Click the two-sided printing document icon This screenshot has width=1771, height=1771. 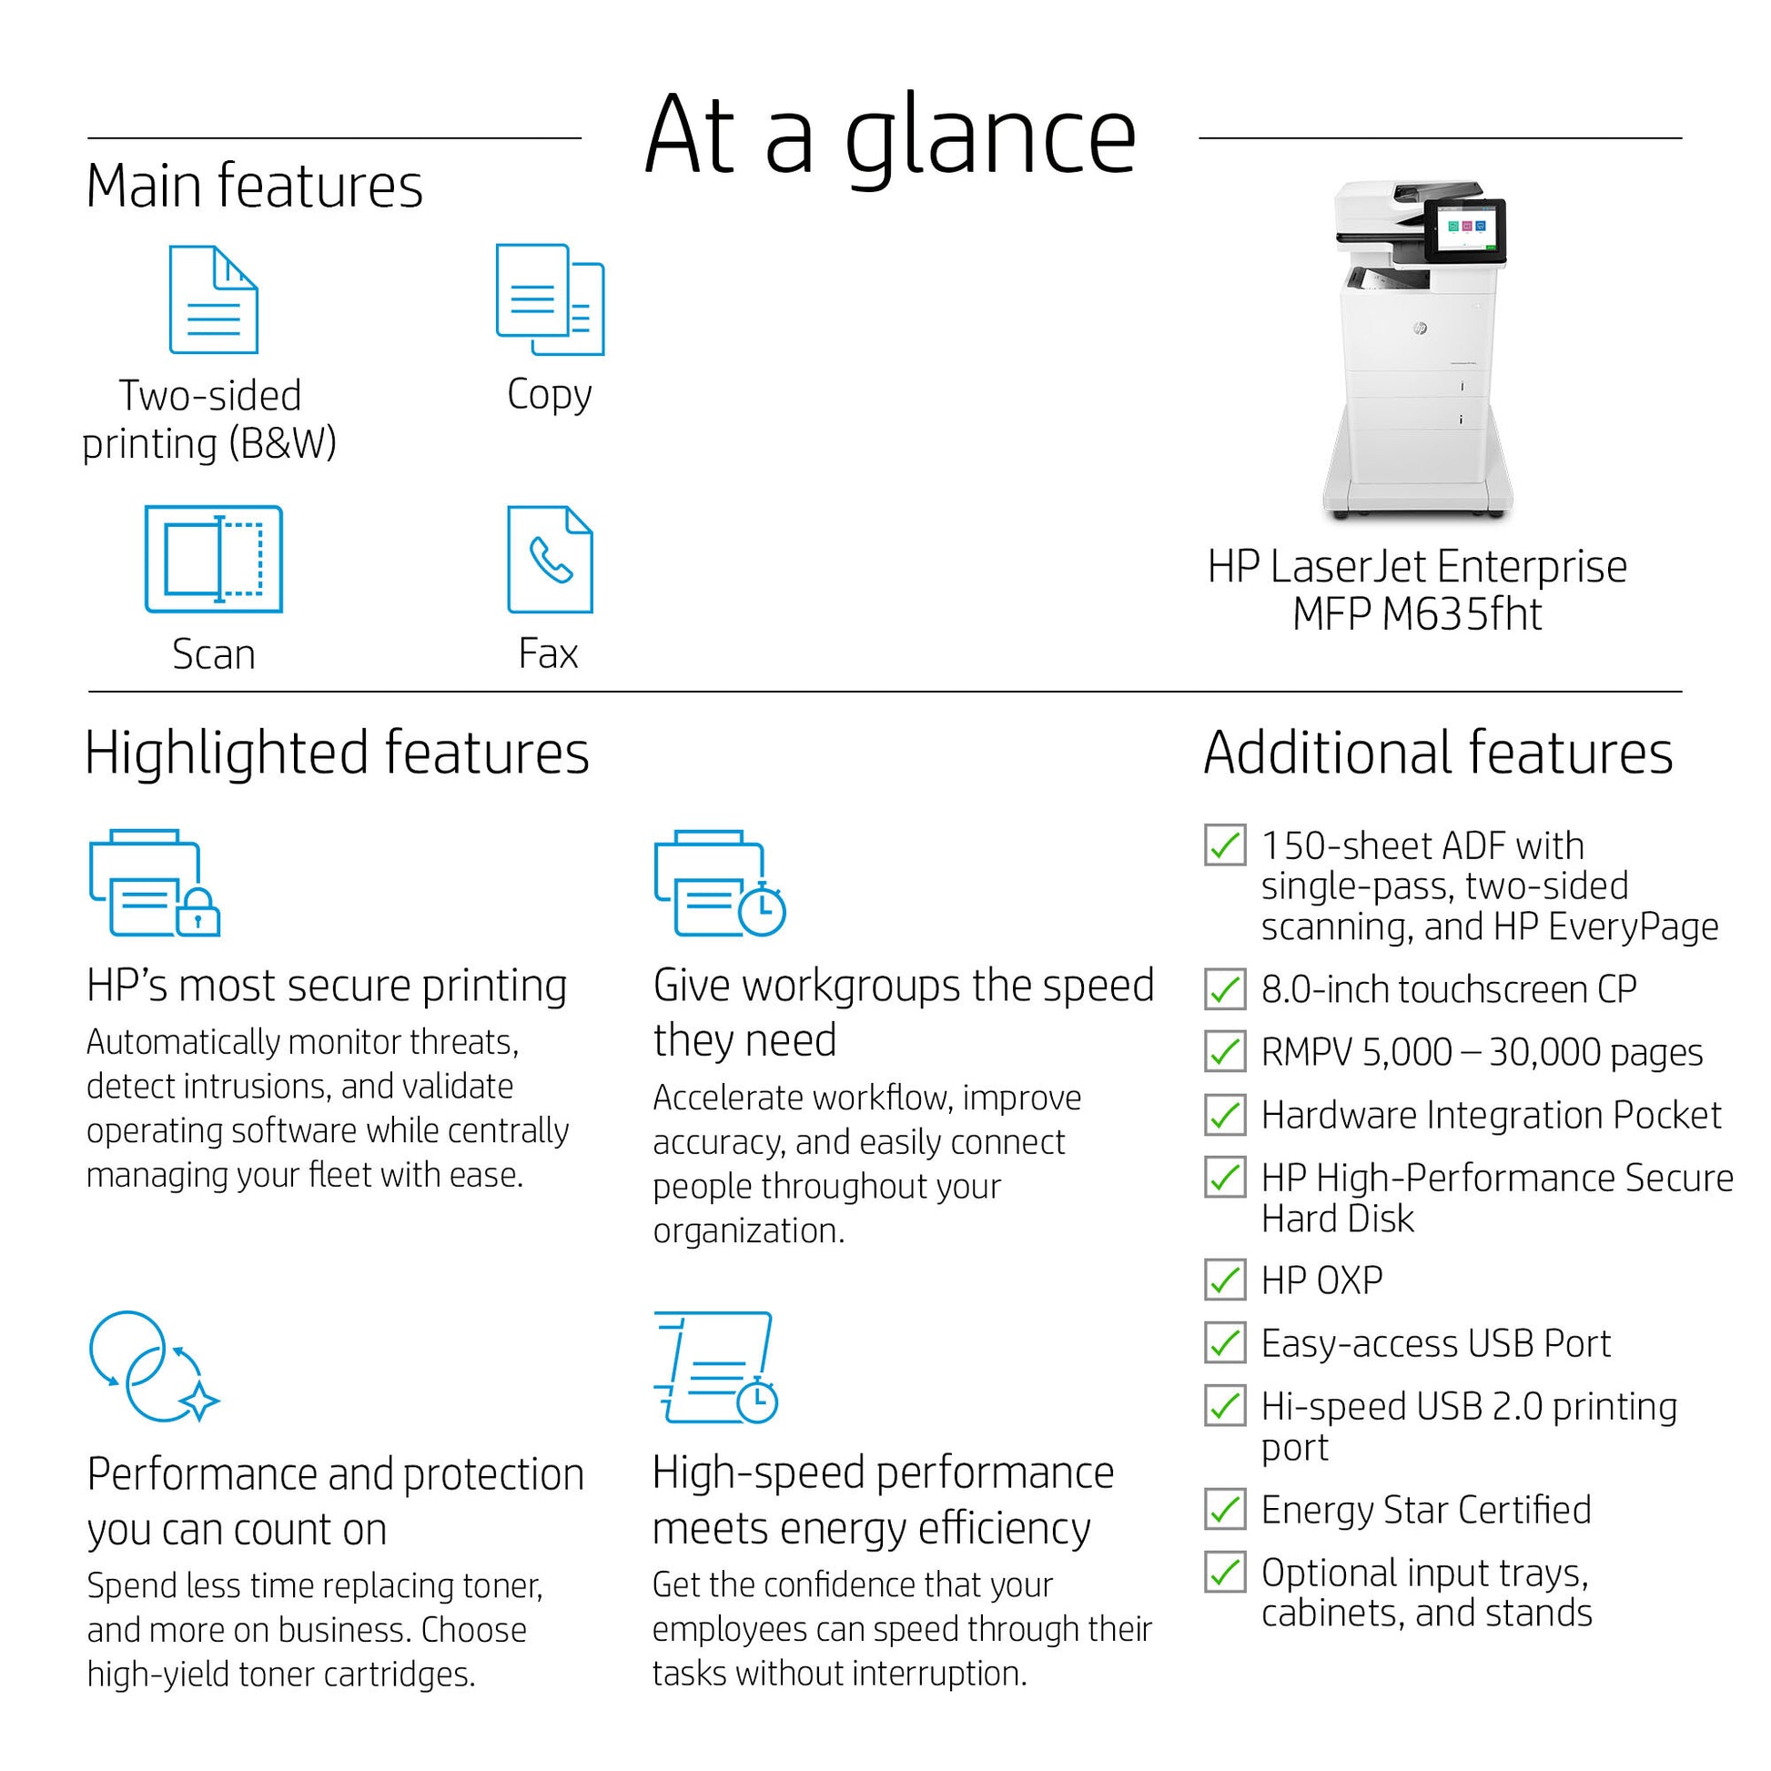point(214,299)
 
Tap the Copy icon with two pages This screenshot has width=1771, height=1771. point(549,299)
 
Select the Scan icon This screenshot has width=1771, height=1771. point(214,558)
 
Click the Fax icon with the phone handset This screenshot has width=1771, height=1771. point(550,559)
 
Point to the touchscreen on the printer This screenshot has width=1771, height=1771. point(1466,229)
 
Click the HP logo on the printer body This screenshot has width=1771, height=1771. point(1419,329)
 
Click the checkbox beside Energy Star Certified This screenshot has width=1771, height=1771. point(1225,1510)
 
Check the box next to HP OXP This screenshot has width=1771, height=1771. point(1225,1280)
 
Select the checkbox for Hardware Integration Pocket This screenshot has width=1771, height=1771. point(1225,1115)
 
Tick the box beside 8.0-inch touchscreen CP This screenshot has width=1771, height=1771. point(1225,989)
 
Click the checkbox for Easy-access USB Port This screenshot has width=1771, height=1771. point(1225,1343)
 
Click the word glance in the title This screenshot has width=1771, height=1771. point(990,137)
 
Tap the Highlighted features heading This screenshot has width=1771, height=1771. point(337,754)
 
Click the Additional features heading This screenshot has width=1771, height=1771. point(1437,754)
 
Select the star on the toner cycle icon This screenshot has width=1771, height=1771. point(199,1401)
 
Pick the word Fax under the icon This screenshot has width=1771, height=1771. point(548,653)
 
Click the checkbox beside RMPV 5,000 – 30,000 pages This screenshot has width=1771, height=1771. point(1225,1051)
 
